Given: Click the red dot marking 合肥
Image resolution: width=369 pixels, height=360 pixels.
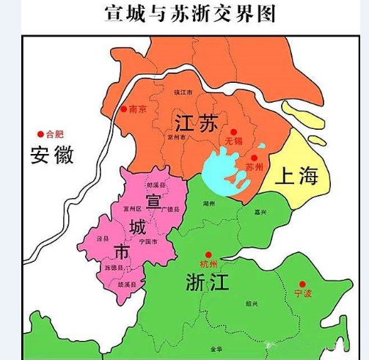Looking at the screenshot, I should point(40,134).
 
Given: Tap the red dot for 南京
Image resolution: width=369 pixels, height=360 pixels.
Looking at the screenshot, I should point(124,109).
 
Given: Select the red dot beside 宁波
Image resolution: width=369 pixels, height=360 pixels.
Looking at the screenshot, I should point(302,284).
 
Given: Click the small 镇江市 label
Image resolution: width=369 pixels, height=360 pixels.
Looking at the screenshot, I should point(182,93).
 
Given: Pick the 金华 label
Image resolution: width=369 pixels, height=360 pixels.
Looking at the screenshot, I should point(216,349).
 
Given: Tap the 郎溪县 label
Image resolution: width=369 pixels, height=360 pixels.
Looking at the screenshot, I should point(156,186).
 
